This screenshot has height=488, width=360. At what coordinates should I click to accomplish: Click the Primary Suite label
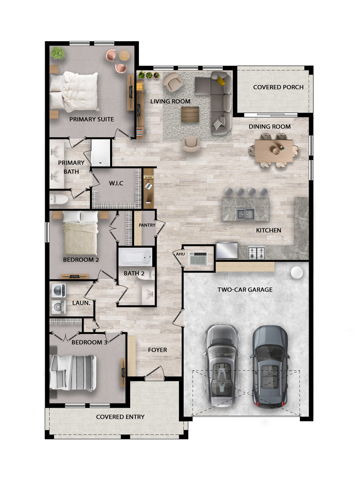coord(92,119)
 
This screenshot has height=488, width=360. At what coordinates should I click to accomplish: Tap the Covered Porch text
coord(278,87)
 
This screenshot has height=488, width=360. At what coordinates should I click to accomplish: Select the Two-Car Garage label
coord(245,290)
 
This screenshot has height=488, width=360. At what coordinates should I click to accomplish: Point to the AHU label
coord(181,254)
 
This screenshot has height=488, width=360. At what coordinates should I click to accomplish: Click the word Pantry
coord(147,225)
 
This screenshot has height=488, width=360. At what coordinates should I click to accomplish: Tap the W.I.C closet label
coord(116,183)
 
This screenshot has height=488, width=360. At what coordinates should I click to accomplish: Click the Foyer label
coord(157,350)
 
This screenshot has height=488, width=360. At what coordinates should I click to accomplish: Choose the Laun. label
coord(81,302)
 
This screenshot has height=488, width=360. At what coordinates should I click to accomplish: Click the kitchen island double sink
coord(245,214)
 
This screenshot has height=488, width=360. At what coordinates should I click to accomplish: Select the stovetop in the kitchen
coord(257,252)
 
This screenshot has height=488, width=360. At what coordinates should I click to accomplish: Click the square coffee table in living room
coord(190,115)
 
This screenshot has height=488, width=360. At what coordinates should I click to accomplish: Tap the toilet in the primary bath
coord(59,199)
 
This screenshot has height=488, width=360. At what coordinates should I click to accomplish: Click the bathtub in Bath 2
coord(135,257)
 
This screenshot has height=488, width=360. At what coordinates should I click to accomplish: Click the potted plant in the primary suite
coord(58,53)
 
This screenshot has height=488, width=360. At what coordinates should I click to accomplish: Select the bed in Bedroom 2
coord(81,233)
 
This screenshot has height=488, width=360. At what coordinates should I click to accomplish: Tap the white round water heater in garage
coord(297,273)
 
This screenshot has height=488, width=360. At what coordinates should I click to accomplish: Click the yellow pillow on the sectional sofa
coord(221,81)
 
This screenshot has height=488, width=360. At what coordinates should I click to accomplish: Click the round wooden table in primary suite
coord(124,56)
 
